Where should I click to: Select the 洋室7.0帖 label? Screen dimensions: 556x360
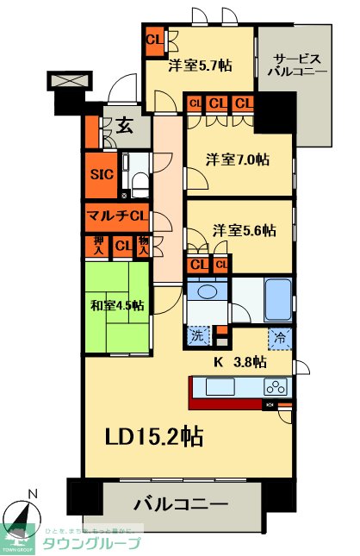(x=237, y=159)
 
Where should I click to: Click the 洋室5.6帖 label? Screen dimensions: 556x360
(x=245, y=230)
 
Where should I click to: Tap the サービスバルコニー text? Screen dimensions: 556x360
(x=295, y=66)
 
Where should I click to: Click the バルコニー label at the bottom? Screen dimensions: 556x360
(x=180, y=503)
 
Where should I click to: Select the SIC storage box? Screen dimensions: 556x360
(x=102, y=172)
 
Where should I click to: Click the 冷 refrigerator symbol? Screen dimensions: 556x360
(x=280, y=339)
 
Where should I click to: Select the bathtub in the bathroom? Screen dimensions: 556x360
(x=276, y=298)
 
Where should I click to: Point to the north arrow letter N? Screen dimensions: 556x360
(x=33, y=494)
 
